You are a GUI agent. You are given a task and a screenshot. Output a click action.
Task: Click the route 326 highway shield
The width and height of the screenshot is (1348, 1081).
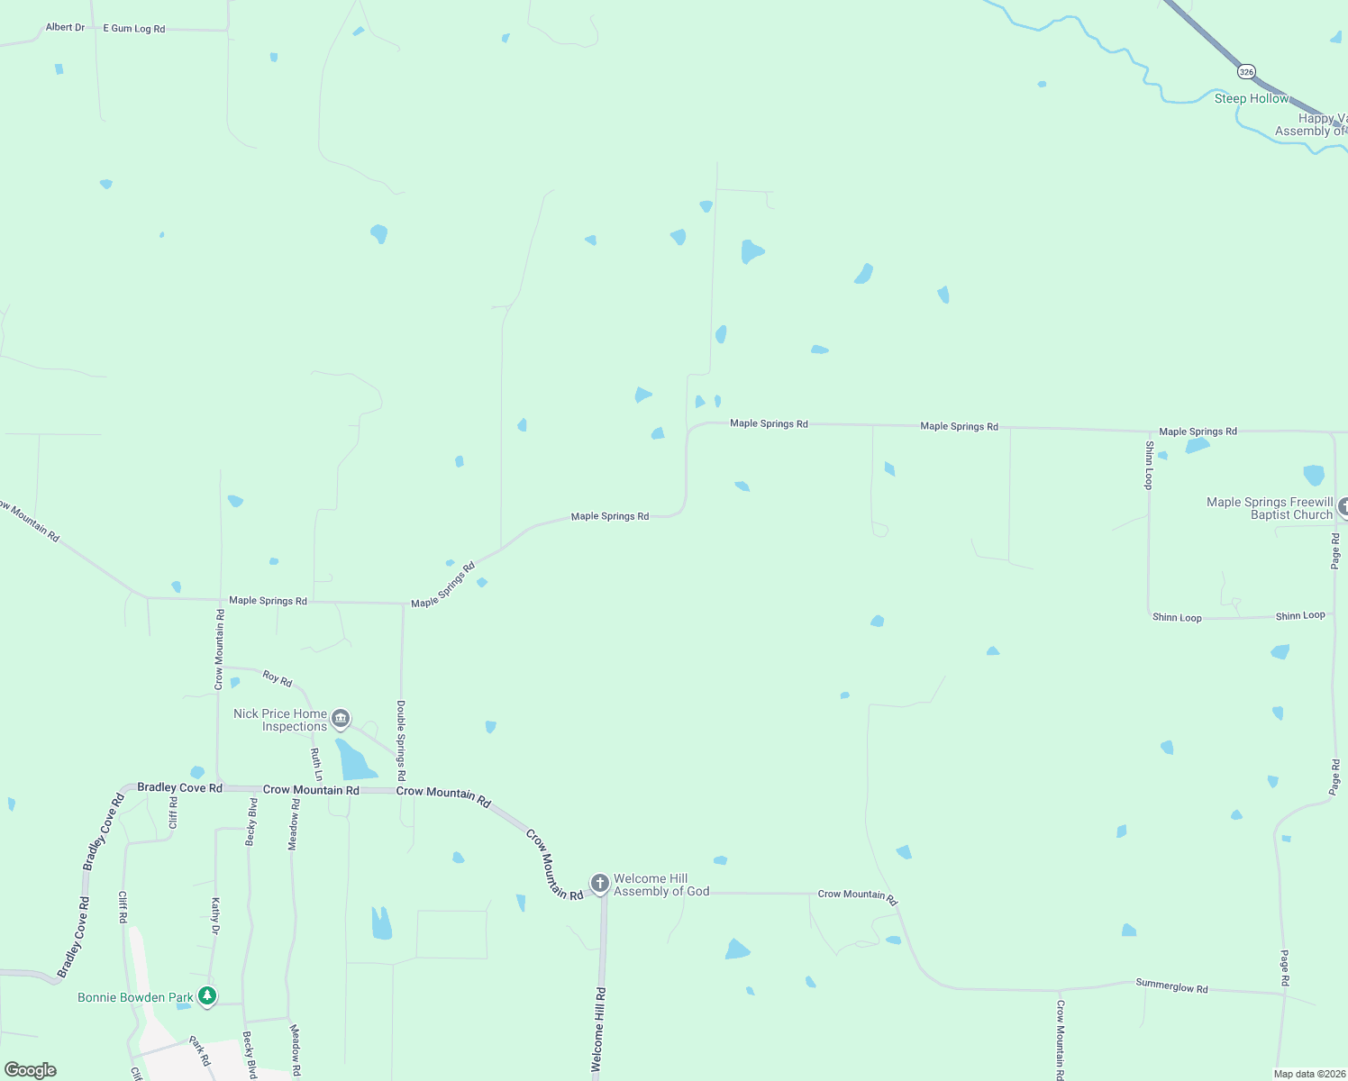(x=1246, y=71)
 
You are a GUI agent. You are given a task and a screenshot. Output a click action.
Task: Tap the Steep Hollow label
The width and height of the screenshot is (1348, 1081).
(x=1252, y=98)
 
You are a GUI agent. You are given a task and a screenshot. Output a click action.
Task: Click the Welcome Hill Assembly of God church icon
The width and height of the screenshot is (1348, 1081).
(x=600, y=883)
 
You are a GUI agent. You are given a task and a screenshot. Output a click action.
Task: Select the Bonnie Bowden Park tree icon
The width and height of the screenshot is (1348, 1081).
(x=208, y=995)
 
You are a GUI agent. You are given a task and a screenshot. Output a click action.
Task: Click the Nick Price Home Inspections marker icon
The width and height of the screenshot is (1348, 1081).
(x=341, y=718)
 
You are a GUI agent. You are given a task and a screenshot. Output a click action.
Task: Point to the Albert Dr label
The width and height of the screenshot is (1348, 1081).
(x=65, y=27)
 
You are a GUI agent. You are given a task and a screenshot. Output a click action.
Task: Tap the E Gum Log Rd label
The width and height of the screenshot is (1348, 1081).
(x=134, y=29)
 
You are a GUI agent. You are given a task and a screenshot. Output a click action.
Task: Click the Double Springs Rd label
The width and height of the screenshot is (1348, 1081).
(x=401, y=740)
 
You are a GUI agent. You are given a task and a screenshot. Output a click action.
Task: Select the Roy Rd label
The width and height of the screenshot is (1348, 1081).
(x=278, y=678)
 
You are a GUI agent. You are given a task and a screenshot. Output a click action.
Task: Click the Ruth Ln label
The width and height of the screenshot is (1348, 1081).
(x=316, y=764)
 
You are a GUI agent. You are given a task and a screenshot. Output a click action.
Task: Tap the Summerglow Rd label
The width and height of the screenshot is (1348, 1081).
(x=1171, y=986)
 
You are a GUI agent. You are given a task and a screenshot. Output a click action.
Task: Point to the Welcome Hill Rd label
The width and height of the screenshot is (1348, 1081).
(x=598, y=1029)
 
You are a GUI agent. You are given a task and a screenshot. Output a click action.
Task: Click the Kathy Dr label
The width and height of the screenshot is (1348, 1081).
(x=215, y=915)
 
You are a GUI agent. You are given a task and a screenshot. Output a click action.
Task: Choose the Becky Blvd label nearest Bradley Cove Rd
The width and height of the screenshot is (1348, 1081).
(x=252, y=822)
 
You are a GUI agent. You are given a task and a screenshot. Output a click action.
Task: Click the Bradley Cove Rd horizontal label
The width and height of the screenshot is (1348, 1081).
(x=179, y=787)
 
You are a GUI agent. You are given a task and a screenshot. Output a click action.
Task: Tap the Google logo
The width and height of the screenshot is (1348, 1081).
(x=31, y=1070)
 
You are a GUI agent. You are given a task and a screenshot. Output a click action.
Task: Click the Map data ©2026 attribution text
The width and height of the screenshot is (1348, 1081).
(x=1309, y=1074)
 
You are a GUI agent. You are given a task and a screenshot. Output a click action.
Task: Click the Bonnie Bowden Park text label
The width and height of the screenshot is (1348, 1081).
(x=135, y=997)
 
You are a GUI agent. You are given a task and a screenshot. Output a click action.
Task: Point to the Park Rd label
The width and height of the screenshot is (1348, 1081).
(x=199, y=1051)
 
